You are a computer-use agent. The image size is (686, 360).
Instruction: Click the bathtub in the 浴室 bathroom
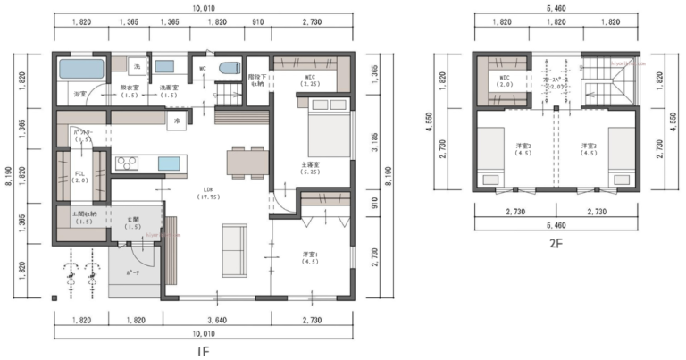coord(83,68)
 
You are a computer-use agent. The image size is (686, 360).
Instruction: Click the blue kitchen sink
coord(170,163)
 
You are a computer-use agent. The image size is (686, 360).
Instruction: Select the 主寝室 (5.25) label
coord(310,170)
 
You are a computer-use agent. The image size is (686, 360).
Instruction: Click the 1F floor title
coord(203,351)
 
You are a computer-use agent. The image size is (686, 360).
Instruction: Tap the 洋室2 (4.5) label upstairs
coord(523,148)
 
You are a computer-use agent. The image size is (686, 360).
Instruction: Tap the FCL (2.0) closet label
coord(79,176)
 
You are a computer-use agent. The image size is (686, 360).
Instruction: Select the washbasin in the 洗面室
coord(164,66)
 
